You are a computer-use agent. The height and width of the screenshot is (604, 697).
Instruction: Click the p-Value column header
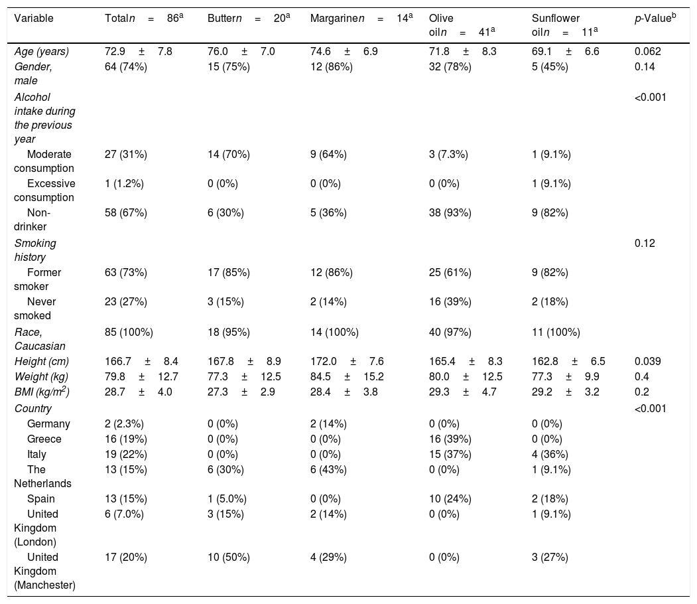tap(655, 18)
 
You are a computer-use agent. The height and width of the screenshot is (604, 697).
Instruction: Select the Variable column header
tap(34, 18)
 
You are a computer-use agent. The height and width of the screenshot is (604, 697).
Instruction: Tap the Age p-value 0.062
tap(648, 52)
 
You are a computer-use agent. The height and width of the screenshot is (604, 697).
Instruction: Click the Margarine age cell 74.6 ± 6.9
tap(344, 52)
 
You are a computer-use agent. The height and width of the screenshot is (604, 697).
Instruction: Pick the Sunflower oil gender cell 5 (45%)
tap(550, 67)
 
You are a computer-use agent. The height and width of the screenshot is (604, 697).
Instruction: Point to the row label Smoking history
tap(36, 250)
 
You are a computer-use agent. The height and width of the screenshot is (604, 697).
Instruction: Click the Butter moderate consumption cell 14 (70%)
tap(229, 155)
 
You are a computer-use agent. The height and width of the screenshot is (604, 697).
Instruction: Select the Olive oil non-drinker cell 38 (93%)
tap(450, 212)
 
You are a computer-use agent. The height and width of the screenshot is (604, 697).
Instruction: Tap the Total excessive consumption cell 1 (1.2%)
tap(124, 184)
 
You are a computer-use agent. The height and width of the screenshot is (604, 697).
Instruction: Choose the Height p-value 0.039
tap(648, 361)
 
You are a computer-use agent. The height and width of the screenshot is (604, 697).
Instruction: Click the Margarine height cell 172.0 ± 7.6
tap(347, 361)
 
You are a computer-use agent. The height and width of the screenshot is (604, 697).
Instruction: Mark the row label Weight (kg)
tap(41, 377)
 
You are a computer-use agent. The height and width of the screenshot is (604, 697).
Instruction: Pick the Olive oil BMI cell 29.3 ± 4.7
tap(463, 392)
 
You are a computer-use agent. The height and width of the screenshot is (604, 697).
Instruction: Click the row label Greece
tap(44, 439)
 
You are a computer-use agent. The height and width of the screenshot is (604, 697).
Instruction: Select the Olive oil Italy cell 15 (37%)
tap(450, 454)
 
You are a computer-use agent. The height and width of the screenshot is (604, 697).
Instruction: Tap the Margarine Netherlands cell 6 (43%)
tap(328, 470)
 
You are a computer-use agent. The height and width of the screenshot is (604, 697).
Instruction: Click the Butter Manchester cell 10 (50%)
tap(229, 558)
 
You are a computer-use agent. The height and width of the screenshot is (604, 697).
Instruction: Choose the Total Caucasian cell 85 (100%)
tap(129, 333)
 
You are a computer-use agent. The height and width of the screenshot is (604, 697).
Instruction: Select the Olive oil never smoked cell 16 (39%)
tap(450, 301)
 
